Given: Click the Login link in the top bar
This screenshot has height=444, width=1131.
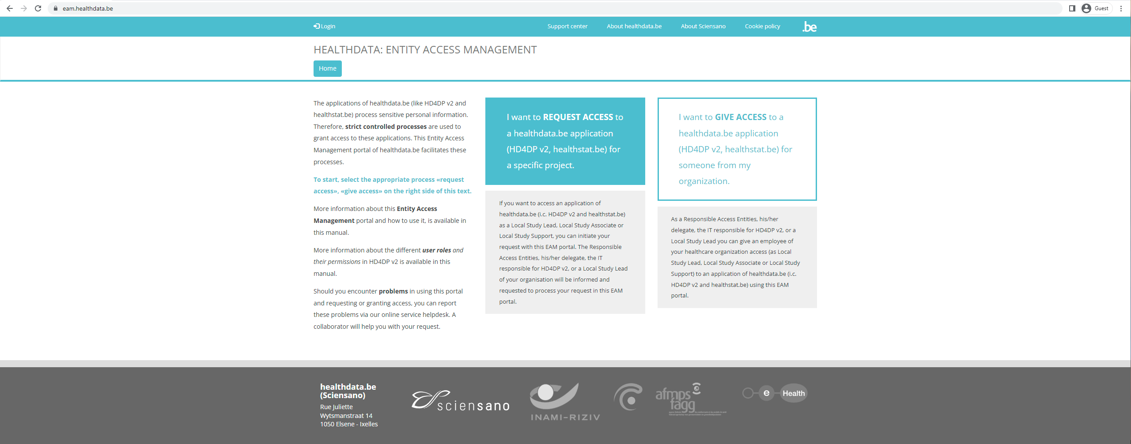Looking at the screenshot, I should [x=325, y=26].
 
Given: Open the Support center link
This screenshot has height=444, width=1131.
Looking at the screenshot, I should [x=567, y=26].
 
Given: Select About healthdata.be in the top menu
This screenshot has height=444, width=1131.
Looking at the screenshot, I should [x=634, y=26].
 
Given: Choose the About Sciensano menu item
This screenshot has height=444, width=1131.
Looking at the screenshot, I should [x=703, y=26].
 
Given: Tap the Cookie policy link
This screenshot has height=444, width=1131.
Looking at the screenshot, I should [x=762, y=26].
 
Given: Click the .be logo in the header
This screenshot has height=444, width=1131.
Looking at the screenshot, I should [x=809, y=27].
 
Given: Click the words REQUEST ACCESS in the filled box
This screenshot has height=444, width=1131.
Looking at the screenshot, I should [x=578, y=117].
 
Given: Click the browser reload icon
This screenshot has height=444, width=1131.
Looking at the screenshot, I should [x=38, y=8].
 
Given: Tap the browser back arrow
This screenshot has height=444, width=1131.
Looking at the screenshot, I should [x=10, y=8].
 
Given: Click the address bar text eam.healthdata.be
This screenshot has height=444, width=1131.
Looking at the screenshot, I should [x=88, y=8].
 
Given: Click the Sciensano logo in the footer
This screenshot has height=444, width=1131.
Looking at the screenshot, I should [x=460, y=401].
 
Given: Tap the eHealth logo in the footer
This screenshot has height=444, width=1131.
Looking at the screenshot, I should [x=775, y=393].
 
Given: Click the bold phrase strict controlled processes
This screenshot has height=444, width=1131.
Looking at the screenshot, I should [x=386, y=127].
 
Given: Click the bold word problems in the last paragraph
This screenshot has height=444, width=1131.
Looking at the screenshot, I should [x=393, y=291].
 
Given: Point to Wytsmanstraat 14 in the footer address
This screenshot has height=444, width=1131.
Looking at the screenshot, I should [x=346, y=416].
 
